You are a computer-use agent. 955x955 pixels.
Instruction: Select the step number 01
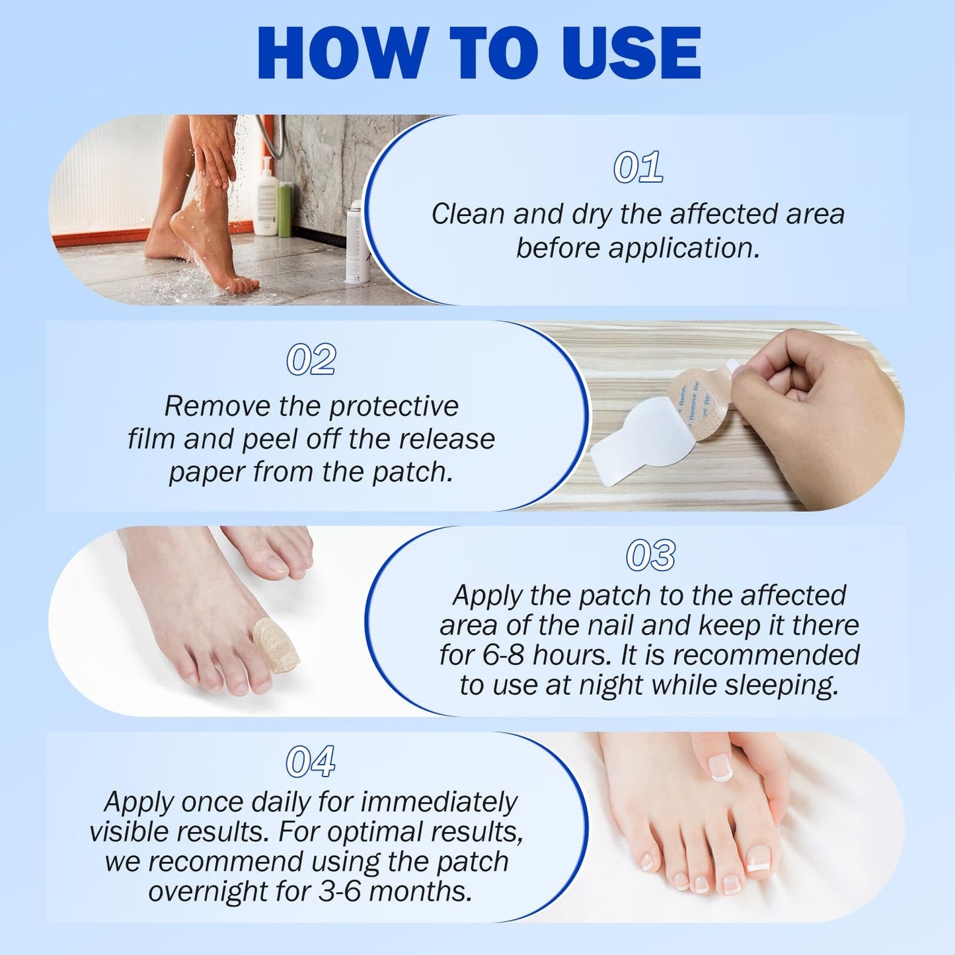point(638,167)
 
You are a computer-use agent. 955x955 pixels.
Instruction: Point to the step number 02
point(311,360)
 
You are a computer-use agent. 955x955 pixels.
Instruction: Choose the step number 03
point(650,556)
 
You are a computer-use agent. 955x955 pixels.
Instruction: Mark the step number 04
point(310,762)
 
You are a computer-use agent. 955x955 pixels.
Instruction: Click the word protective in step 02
point(394,406)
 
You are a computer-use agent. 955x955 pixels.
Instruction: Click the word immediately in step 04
point(439,802)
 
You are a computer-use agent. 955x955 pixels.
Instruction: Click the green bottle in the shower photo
point(285,210)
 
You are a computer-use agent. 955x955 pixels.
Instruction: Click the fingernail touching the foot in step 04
point(720,768)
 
